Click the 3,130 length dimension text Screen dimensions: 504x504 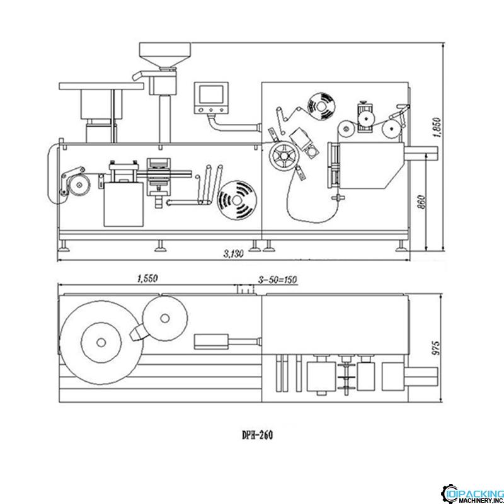point(234,254)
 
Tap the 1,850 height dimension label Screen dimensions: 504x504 point(437,128)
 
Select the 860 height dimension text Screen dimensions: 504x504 point(421,202)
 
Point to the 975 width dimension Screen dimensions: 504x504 point(436,348)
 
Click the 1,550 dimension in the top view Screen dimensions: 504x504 point(147,278)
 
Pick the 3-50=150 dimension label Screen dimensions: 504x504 point(278,280)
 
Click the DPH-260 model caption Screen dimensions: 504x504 point(257,435)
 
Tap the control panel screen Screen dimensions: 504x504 point(211,94)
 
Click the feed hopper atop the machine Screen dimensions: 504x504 point(165,55)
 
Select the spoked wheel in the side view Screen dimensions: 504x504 point(284,156)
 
